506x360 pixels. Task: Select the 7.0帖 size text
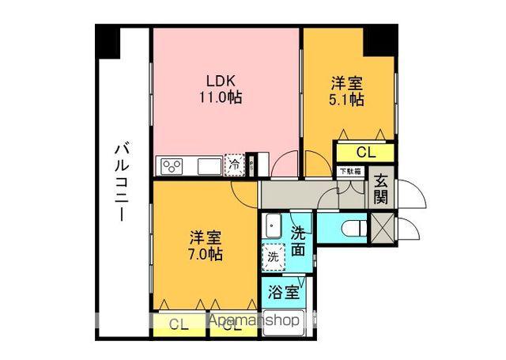point(205,255)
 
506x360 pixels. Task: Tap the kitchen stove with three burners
point(173,165)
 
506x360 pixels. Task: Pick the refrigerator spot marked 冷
point(235,165)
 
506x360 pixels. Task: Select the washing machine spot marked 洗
point(273,256)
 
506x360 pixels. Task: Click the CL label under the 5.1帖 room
point(365,152)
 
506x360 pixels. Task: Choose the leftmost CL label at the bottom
point(179,324)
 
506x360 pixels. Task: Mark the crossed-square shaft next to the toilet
point(381,229)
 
